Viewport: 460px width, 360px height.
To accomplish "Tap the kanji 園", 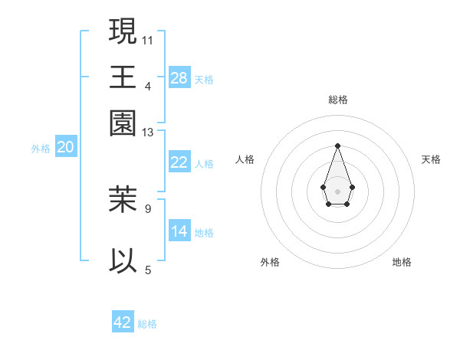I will (123, 122).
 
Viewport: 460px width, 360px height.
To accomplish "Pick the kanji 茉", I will (123, 199).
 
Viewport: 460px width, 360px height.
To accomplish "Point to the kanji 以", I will (123, 260).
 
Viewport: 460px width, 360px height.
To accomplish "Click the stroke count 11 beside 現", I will (148, 39).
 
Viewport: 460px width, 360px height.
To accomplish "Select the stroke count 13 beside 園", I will (148, 133).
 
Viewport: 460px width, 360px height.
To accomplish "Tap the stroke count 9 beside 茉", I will (148, 208).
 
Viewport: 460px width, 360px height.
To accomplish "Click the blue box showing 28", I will (179, 77).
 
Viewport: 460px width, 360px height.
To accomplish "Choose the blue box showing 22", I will (179, 162).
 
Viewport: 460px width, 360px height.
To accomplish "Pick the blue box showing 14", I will (179, 231).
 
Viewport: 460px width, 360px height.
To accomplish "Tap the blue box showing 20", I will (65, 148).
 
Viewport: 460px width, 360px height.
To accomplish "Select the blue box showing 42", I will (123, 322).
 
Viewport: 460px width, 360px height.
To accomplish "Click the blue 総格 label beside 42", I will (147, 324).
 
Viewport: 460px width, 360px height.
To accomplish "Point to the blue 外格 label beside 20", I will (41, 149).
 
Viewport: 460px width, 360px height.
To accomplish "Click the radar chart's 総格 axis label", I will (337, 100).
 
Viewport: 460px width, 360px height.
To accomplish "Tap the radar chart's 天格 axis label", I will (431, 159).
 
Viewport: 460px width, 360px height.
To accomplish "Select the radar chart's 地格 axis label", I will (402, 262).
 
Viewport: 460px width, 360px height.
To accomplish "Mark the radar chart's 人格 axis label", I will (245, 159).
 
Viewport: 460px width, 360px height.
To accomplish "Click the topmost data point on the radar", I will (337, 146).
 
